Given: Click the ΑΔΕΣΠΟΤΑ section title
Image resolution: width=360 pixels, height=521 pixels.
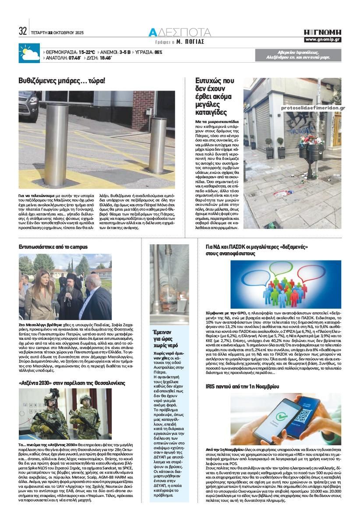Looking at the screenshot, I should [180, 32].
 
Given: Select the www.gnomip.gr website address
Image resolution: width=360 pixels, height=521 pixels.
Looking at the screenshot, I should [323, 40].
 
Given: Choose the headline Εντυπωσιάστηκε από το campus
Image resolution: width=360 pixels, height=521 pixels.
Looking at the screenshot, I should [53, 247].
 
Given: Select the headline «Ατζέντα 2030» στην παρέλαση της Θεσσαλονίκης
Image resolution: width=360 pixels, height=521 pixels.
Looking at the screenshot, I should [72, 383].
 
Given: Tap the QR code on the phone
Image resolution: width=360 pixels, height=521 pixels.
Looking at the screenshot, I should [302, 415].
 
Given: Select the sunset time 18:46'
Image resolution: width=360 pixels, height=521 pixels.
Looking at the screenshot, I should [105, 57].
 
